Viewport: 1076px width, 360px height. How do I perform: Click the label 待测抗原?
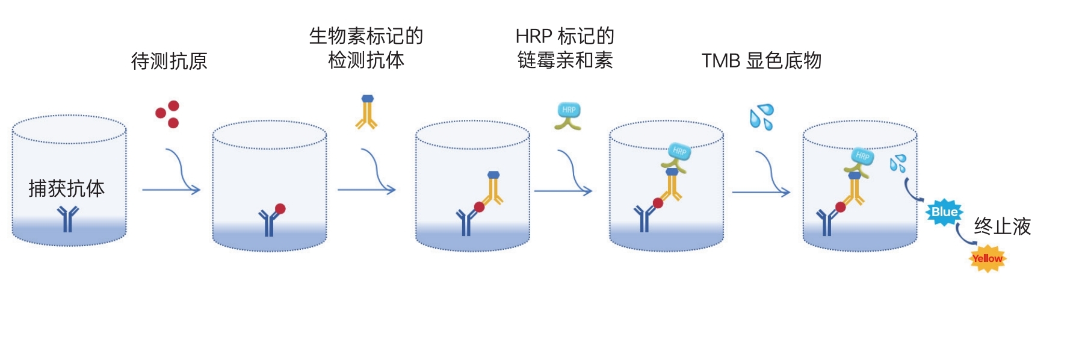click(169, 61)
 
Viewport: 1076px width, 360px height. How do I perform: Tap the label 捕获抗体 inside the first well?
click(66, 188)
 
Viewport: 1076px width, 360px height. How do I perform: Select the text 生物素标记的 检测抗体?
click(366, 48)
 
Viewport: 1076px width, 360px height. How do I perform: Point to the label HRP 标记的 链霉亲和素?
click(564, 48)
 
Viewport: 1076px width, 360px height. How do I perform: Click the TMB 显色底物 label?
click(761, 61)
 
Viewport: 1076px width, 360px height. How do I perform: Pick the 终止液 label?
click(1002, 226)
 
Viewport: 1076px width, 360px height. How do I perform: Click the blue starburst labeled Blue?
click(944, 212)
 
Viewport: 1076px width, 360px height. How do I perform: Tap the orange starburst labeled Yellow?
click(987, 258)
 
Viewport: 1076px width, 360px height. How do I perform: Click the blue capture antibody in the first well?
click(67, 218)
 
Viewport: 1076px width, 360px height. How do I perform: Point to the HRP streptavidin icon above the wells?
click(568, 116)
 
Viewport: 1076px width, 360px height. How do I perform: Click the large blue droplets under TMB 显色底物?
click(761, 117)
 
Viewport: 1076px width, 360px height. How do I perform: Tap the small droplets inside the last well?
click(898, 163)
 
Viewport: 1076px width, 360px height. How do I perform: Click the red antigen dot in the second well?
click(280, 209)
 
